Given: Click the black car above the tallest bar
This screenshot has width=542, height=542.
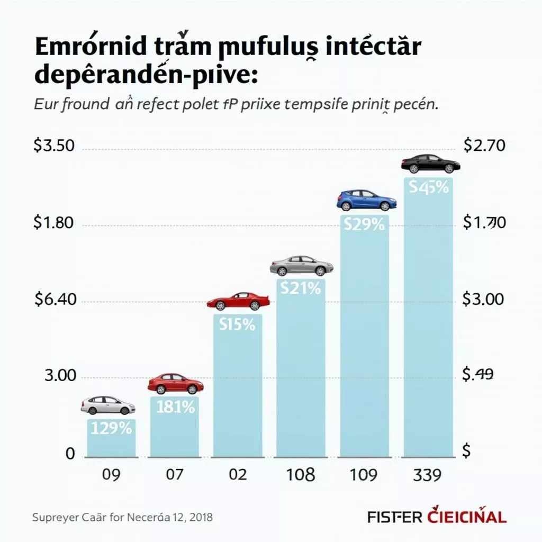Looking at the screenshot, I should click(430, 164).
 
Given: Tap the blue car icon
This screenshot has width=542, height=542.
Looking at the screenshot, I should click(366, 200).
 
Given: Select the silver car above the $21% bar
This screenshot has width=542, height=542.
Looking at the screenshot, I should click(301, 266).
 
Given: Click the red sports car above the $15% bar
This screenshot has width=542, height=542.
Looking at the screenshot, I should click(238, 301).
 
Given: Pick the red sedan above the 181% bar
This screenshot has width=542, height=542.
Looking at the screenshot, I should click(176, 383).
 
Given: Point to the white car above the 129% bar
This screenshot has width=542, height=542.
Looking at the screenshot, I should click(108, 405).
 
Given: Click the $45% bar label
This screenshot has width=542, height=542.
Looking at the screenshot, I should click(428, 187).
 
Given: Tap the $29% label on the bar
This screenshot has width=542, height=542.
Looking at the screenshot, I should click(364, 224).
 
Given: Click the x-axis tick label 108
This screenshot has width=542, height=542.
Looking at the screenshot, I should click(300, 475).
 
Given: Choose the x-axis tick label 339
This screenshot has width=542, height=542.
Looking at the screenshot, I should click(427, 475).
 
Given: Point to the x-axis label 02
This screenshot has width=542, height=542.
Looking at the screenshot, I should click(237, 475).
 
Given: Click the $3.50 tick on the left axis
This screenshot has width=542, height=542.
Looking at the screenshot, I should click(53, 146).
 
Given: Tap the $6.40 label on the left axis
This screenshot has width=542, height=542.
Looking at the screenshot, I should click(56, 300).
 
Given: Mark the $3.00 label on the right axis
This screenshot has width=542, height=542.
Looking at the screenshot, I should click(483, 300).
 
